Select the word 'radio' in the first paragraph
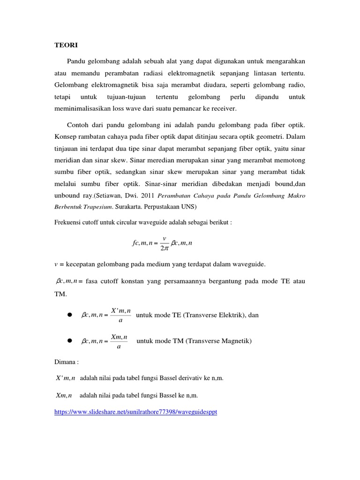tap(296, 85)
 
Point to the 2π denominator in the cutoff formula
tap(165, 247)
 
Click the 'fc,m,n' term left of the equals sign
tap(143, 243)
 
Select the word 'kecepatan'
tap(79, 264)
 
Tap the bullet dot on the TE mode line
tap(68, 315)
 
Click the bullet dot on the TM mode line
tap(68, 341)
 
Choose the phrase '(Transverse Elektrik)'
tap(212, 315)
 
